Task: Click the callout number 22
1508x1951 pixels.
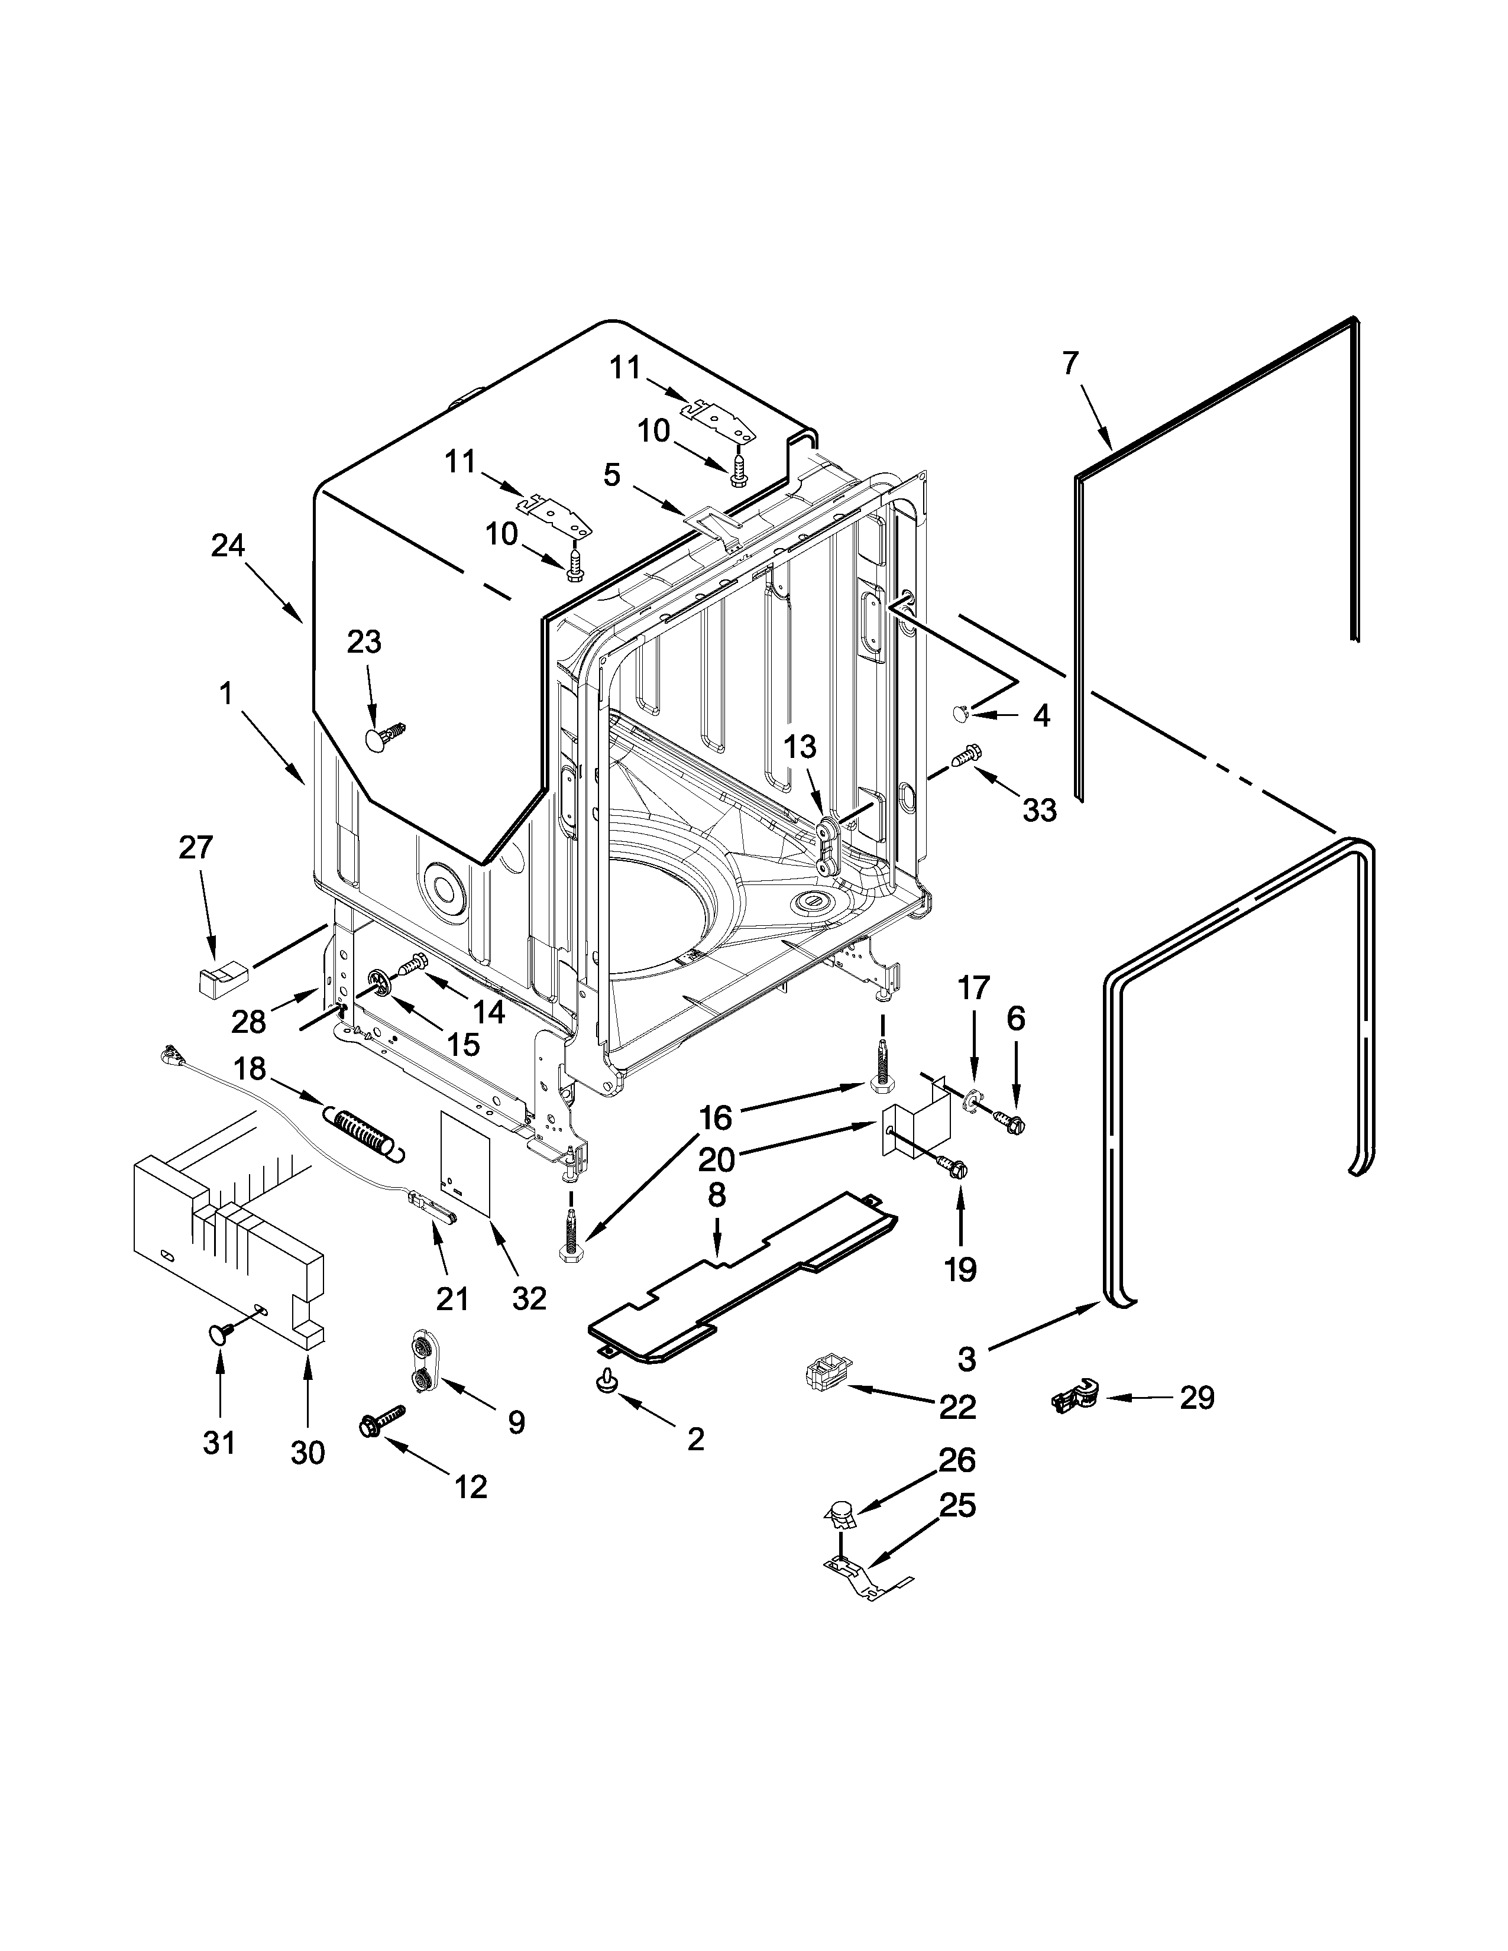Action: (957, 1408)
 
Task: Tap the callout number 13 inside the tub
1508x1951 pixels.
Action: (801, 746)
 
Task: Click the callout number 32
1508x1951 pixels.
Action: (529, 1298)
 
